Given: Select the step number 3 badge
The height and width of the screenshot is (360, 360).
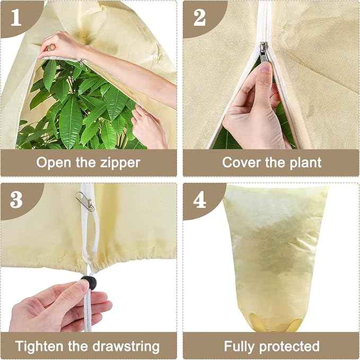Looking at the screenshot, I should pos(16,200).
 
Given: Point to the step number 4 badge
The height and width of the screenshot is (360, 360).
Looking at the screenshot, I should pos(199,200).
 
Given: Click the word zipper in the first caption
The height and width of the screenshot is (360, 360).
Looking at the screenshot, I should pos(116,162).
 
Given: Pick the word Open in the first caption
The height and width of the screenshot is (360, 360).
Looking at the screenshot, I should pos(53,162).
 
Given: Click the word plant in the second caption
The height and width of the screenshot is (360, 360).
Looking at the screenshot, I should pos(302,162).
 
